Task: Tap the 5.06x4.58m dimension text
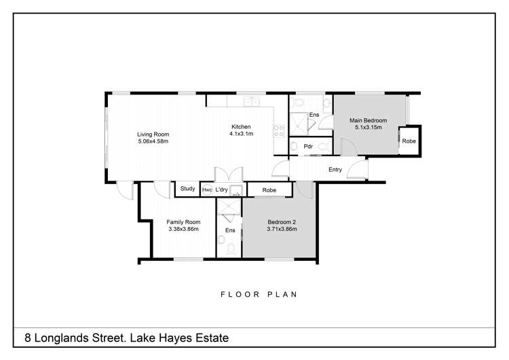click(x=153, y=142)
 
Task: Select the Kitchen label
click(x=241, y=127)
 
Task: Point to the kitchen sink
click(x=253, y=102)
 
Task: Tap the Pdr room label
click(x=307, y=146)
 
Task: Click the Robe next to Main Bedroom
click(x=409, y=141)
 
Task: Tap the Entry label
click(x=335, y=170)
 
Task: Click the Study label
click(x=188, y=189)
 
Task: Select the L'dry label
click(x=221, y=190)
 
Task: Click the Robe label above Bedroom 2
click(x=269, y=190)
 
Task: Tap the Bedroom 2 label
click(x=281, y=222)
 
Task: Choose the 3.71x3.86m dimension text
click(x=281, y=230)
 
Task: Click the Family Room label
click(x=184, y=222)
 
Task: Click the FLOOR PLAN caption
click(x=259, y=295)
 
